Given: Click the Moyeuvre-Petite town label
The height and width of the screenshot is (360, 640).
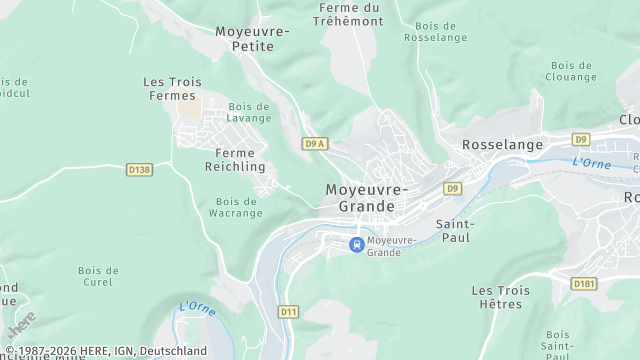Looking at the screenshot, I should [x=252, y=38].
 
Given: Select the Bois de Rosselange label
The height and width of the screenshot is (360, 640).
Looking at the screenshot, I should [x=436, y=31].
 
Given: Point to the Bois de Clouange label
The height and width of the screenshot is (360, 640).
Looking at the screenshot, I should [x=572, y=70].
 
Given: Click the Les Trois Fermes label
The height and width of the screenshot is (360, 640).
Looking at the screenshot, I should [x=172, y=89].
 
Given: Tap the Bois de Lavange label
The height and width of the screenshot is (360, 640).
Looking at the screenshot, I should [x=249, y=112].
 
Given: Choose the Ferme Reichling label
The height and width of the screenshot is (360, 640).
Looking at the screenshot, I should [x=234, y=160].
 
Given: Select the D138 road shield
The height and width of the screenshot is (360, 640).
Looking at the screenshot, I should [x=140, y=170].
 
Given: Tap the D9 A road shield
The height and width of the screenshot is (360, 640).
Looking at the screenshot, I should [x=315, y=144].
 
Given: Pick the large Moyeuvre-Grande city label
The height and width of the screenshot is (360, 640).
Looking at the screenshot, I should [x=367, y=198].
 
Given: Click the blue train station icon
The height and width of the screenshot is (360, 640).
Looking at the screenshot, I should [x=355, y=244].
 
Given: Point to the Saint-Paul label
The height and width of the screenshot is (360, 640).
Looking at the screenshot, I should [x=456, y=231].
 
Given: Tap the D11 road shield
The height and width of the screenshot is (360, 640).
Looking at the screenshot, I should [x=289, y=312].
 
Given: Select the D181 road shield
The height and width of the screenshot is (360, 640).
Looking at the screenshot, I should [x=584, y=284].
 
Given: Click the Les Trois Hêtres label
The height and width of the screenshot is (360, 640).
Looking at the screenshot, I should [x=501, y=297].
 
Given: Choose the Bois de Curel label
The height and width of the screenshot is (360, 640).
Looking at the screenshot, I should [x=98, y=276].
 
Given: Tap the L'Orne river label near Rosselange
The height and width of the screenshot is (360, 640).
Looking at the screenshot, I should [x=592, y=162].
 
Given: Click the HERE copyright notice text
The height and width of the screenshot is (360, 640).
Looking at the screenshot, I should [x=105, y=351].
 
